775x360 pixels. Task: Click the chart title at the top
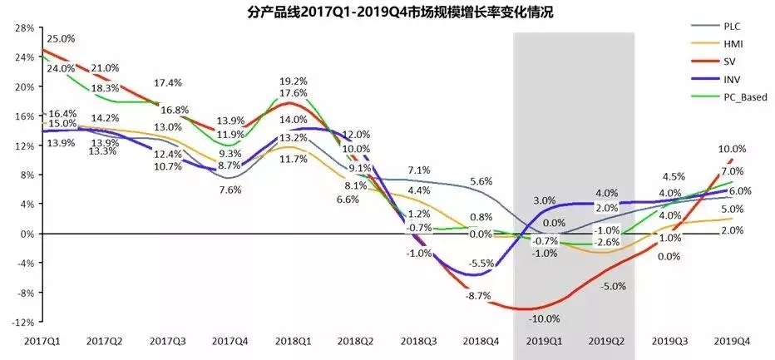(x=388, y=12)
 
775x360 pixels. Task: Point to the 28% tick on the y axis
(x=22, y=28)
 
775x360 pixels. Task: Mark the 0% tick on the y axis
(x=25, y=234)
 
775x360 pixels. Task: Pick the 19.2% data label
(x=294, y=81)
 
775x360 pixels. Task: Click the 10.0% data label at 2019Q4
(x=731, y=149)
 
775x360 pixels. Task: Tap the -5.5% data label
(x=481, y=264)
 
